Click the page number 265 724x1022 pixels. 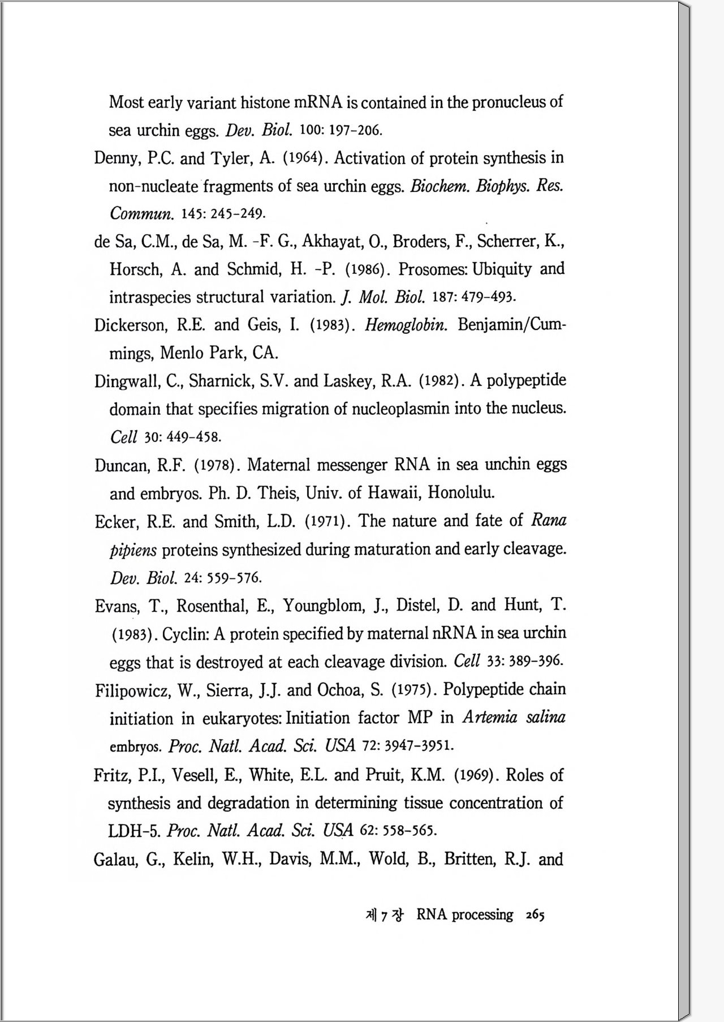[x=535, y=915]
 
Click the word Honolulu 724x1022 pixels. [x=461, y=492]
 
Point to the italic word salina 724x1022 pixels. [x=545, y=718]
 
